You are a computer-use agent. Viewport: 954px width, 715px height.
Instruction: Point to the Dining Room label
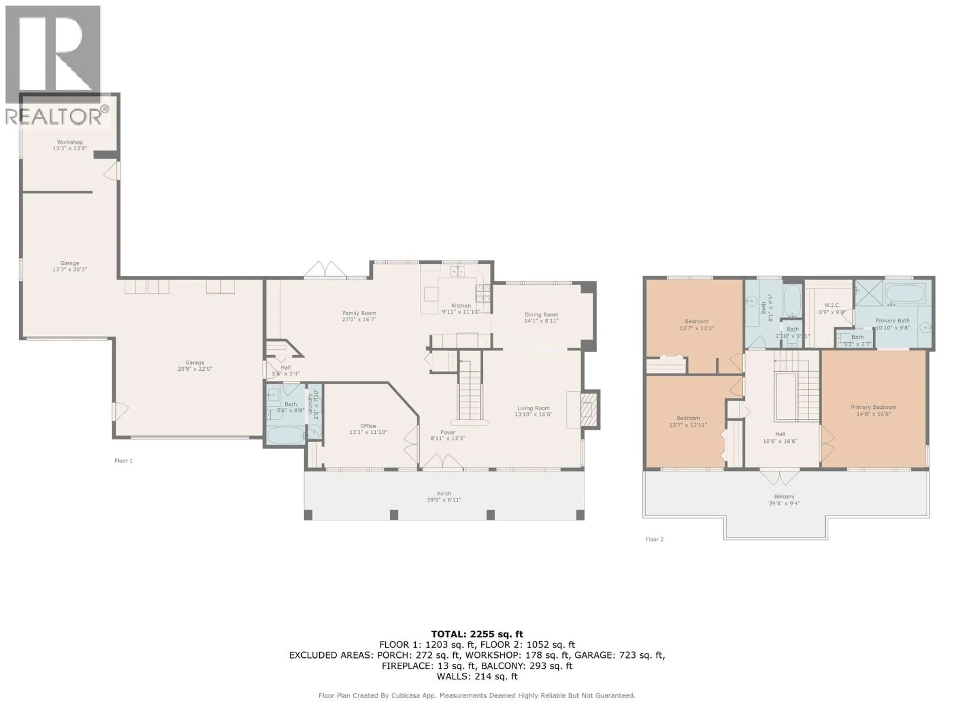(x=541, y=315)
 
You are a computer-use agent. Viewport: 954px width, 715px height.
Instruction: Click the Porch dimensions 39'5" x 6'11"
(x=444, y=500)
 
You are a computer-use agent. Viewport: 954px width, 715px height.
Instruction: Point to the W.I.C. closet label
(x=832, y=305)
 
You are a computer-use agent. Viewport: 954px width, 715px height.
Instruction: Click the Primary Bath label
(x=892, y=321)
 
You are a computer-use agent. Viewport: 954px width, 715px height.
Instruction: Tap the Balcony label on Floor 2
(x=784, y=497)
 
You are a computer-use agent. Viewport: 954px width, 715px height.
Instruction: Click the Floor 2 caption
(x=654, y=539)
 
